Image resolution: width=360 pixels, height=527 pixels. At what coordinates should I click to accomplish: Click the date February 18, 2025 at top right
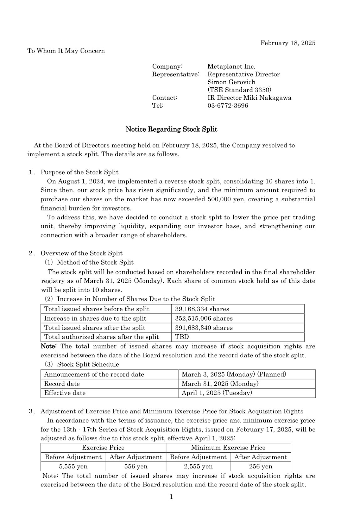pyautogui.click(x=287, y=43)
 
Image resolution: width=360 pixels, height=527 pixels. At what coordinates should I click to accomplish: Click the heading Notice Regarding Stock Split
pyautogui.click(x=171, y=129)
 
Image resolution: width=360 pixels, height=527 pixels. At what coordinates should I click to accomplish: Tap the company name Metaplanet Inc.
pyautogui.click(x=231, y=67)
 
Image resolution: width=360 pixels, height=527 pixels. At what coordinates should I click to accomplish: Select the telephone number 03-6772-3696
pyautogui.click(x=227, y=105)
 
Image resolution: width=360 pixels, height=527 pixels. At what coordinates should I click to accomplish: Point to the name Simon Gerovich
pyautogui.click(x=231, y=82)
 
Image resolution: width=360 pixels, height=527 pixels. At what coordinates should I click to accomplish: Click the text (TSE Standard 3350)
pyautogui.click(x=239, y=90)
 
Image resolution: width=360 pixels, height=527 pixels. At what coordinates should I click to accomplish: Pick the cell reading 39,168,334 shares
pyautogui.click(x=202, y=309)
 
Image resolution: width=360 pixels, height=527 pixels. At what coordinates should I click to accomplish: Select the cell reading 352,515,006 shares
pyautogui.click(x=203, y=318)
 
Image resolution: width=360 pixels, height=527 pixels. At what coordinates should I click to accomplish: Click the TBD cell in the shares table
pyautogui.click(x=182, y=337)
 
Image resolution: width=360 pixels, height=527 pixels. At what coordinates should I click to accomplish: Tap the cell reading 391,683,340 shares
pyautogui.click(x=203, y=327)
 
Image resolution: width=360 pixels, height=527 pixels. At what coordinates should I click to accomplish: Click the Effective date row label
pyautogui.click(x=65, y=393)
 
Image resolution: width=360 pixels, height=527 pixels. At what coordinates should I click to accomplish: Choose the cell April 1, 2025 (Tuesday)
pyautogui.click(x=217, y=393)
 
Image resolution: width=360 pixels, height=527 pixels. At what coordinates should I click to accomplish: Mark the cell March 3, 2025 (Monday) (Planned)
pyautogui.click(x=234, y=374)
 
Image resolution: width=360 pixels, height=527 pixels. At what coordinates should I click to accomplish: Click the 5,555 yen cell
pyautogui.click(x=73, y=466)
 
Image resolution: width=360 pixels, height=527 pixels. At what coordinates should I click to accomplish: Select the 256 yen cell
pyautogui.click(x=260, y=466)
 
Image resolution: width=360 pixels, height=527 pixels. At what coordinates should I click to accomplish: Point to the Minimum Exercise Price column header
pyautogui.click(x=228, y=447)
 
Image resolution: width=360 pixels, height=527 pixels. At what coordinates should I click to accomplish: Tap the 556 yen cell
pyautogui.click(x=136, y=466)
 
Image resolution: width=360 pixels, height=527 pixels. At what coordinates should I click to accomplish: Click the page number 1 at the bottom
pyautogui.click(x=171, y=497)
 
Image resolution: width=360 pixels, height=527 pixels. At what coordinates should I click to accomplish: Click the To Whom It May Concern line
pyautogui.click(x=66, y=51)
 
